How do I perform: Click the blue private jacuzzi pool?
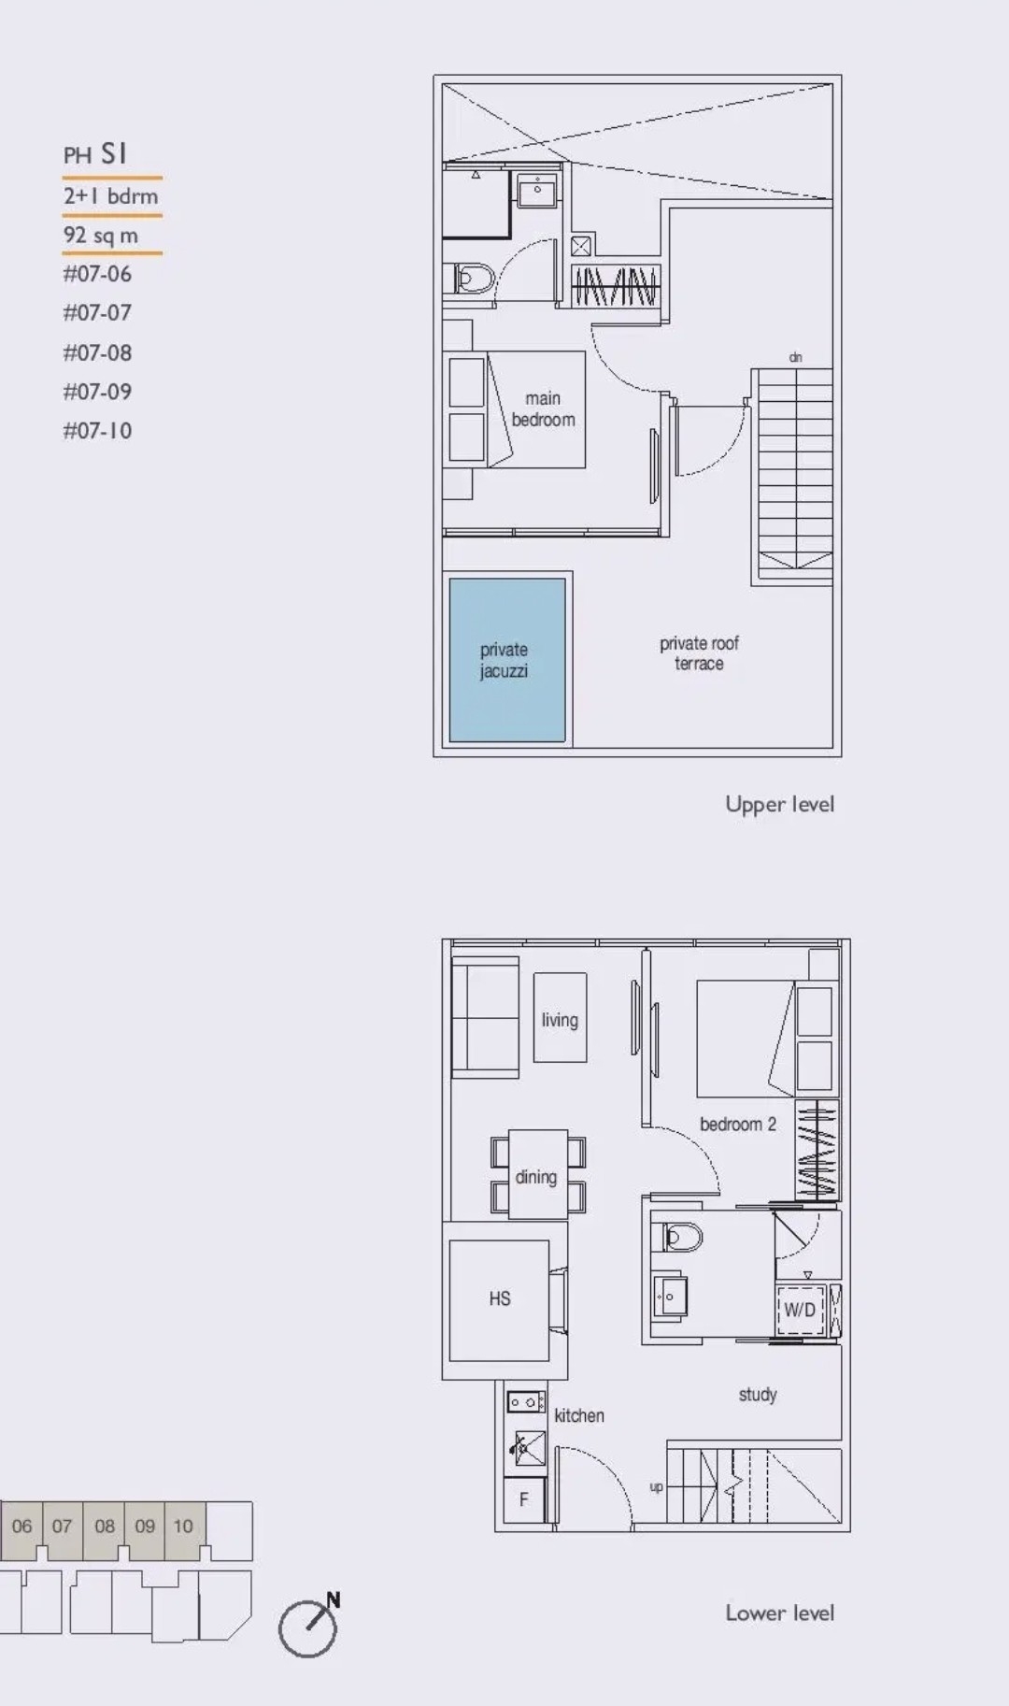point(507,660)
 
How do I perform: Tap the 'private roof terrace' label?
point(699,653)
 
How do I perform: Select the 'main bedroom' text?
point(543,409)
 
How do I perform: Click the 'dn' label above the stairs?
point(795,357)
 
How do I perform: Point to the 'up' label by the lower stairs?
point(656,1486)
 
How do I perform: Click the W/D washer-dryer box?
point(799,1310)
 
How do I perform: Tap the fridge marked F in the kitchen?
point(523,1499)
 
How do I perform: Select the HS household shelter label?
point(500,1298)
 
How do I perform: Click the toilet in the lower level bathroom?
point(683,1237)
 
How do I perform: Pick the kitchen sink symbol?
point(528,1449)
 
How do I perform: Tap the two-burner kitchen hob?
point(526,1402)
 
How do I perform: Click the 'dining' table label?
point(535,1177)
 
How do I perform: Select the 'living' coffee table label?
point(560,1020)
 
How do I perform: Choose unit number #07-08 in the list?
point(97,352)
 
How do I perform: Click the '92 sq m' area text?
point(101,236)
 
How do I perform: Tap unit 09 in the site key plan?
point(145,1527)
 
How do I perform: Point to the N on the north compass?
point(333,1599)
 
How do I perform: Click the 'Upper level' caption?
point(779,805)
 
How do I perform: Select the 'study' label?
point(757,1395)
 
